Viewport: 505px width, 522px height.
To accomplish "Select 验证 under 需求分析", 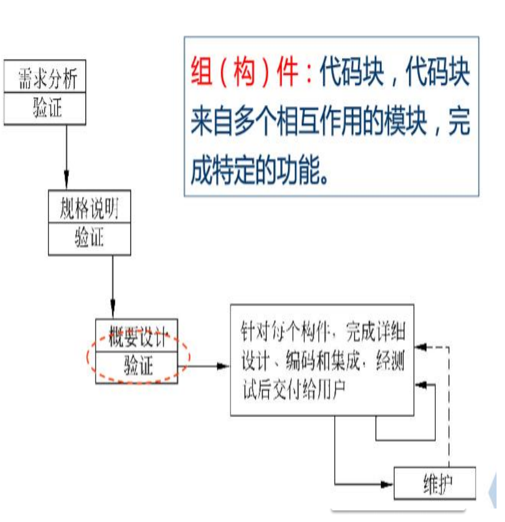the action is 44,108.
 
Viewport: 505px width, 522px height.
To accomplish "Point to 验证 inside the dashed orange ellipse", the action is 138,367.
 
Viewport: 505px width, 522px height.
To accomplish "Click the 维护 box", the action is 434,483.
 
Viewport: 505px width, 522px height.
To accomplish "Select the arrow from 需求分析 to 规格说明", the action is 66,157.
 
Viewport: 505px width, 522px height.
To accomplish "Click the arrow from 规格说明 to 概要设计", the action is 112,287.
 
